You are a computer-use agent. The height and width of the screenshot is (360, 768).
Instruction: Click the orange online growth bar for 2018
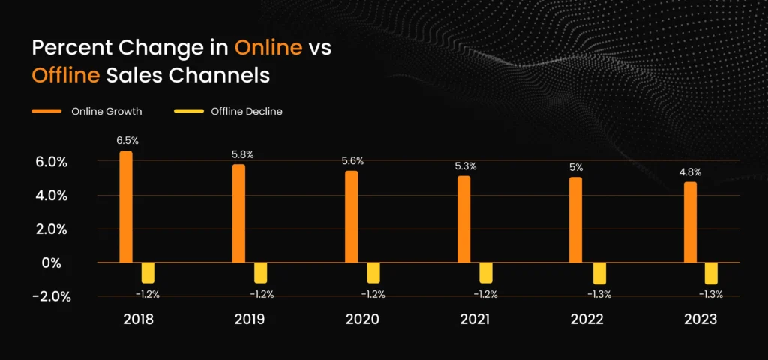coord(126,207)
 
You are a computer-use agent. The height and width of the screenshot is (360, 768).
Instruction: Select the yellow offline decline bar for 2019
coord(260,272)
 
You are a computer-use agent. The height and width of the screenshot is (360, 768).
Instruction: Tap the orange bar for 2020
coord(351,217)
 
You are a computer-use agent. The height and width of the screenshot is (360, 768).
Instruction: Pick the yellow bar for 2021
coord(486,272)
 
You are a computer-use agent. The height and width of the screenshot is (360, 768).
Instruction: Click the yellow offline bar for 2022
coord(599,273)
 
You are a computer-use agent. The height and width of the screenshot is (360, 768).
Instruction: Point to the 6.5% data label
coord(127,140)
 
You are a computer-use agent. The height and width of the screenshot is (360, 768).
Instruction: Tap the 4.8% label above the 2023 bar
coord(690,172)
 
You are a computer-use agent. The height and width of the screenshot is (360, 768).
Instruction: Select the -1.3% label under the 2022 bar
coord(598,295)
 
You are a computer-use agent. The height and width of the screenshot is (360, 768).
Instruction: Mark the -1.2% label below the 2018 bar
coord(147,294)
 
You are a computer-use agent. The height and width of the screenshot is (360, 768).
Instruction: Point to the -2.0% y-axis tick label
coord(52,296)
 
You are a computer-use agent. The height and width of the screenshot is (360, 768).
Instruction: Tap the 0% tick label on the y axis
coord(52,262)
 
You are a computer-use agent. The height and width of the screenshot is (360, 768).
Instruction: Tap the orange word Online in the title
coord(268,48)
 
